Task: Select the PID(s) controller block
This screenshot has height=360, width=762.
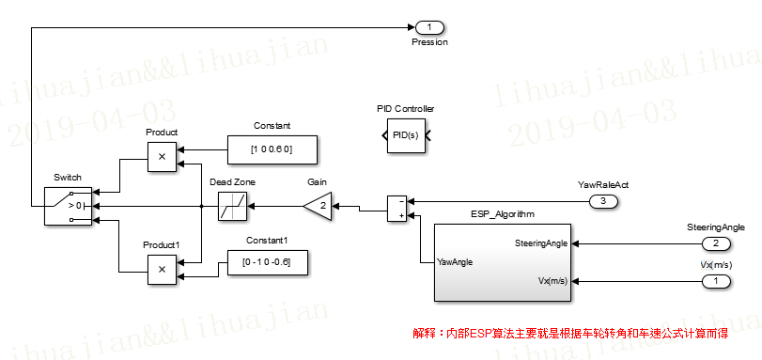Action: tap(405, 137)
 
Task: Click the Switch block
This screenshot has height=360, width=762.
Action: tap(69, 204)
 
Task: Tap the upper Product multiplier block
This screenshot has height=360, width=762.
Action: tap(162, 158)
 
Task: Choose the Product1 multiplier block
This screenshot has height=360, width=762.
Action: tap(162, 269)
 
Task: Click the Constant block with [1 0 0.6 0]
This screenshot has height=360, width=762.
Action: tap(272, 149)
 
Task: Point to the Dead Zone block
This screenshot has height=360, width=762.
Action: tap(231, 206)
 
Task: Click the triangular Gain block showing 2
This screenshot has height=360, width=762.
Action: tap(319, 206)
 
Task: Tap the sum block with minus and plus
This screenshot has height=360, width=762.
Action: tap(397, 208)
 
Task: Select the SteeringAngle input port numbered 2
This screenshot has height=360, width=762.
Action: tap(715, 243)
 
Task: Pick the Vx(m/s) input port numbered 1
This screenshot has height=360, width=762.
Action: tap(715, 280)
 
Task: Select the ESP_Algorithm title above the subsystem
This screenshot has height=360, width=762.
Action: tap(502, 214)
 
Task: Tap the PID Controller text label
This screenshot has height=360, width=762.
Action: tap(405, 109)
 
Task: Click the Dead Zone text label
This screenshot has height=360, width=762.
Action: tap(231, 181)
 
